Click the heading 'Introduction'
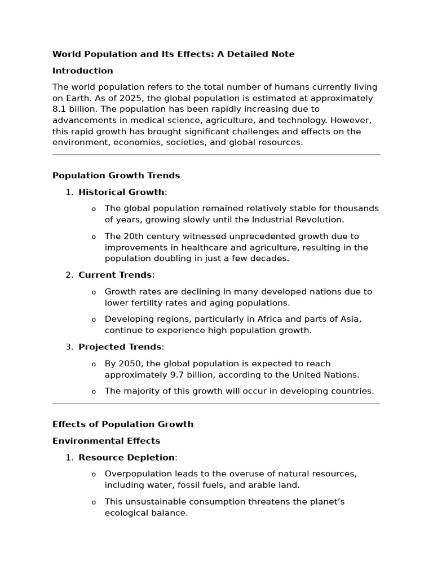pos(82,71)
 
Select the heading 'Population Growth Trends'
pos(116,176)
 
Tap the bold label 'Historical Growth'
pos(121,192)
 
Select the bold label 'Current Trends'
pos(115,275)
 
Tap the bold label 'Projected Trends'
pos(120,347)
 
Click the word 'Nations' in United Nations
pos(341,374)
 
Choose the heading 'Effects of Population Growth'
pos(123,424)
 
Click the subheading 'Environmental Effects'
pos(106,441)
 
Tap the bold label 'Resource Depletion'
pos(126,457)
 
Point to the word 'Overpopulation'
pos(137,474)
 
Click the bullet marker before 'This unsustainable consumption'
pos(94,502)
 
